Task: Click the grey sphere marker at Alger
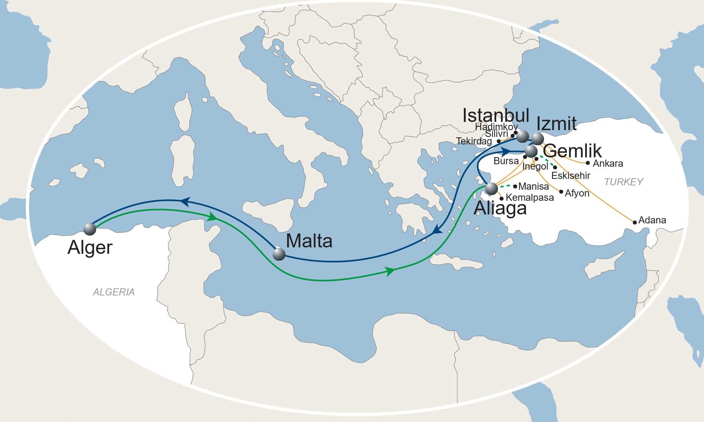(90, 229)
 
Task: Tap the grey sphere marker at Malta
(279, 254)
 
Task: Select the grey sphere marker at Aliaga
(491, 189)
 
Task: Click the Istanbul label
(496, 115)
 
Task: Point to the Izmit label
(556, 124)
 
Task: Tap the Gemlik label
(572, 151)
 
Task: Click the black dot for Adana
(635, 222)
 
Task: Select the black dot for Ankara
(588, 163)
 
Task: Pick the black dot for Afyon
(561, 192)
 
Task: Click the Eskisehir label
(571, 176)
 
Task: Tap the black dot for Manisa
(515, 186)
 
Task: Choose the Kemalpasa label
(530, 198)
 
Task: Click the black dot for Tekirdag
(499, 141)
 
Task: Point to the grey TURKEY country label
(623, 182)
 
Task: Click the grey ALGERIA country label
(114, 292)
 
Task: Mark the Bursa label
(506, 161)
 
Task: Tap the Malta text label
(309, 241)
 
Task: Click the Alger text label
(90, 247)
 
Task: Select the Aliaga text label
(500, 208)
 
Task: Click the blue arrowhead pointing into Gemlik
(506, 151)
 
